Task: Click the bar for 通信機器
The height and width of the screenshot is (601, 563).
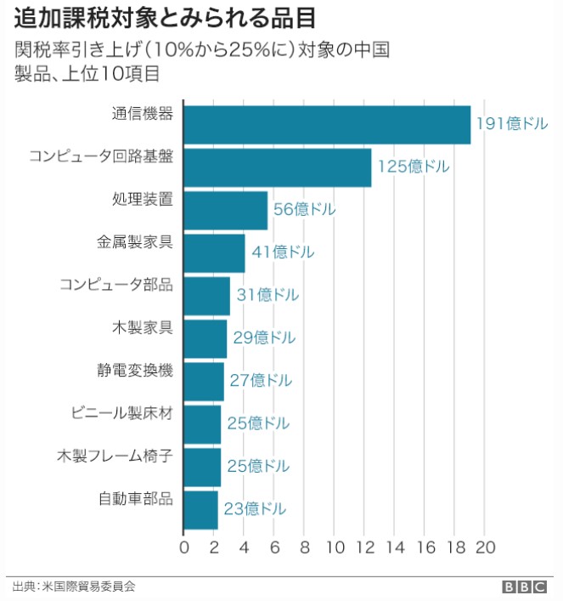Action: coord(327,125)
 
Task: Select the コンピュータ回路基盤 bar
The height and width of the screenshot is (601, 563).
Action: coord(278,167)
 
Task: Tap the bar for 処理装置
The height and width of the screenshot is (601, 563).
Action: coord(225,210)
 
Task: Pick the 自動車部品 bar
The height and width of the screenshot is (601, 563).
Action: coord(200,510)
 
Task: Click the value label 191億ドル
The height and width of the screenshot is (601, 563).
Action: coord(511,124)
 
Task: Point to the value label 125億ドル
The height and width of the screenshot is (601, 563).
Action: coord(414,167)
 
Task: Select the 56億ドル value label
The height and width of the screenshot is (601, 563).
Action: coord(304,210)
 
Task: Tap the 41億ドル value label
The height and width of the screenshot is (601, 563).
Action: coord(283,252)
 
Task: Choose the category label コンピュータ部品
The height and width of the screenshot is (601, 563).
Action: coord(116,285)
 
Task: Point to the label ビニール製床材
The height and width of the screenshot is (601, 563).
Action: coord(122,413)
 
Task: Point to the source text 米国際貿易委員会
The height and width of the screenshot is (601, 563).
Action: coord(87,587)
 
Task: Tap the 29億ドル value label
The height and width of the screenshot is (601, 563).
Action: coord(264,338)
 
